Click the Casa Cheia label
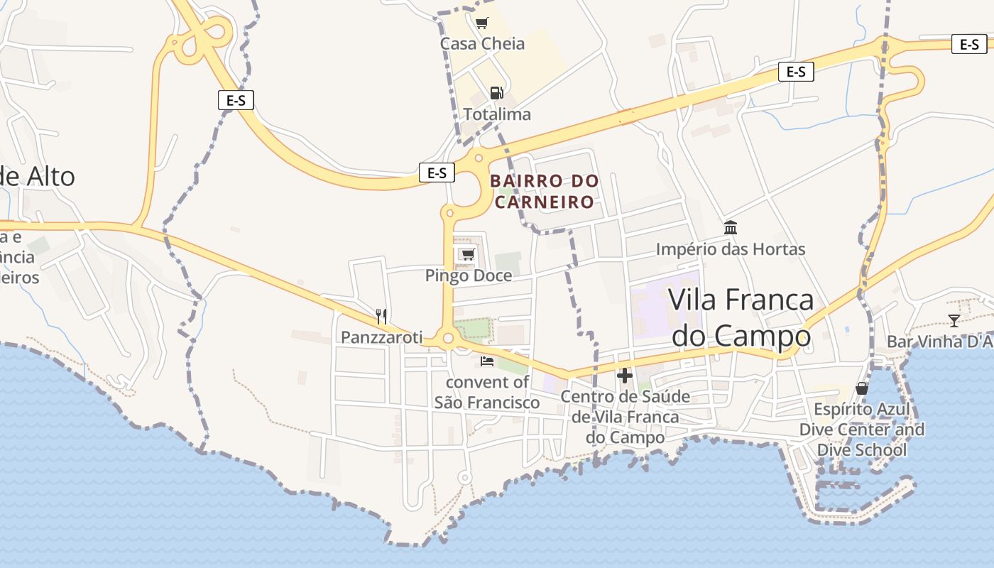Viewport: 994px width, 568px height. tap(482, 43)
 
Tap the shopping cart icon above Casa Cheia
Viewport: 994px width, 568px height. tap(482, 23)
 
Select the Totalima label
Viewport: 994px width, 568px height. tap(497, 114)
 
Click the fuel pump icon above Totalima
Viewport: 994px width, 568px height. tap(496, 92)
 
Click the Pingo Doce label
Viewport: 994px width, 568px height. tap(469, 275)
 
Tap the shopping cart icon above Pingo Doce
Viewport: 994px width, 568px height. tap(467, 254)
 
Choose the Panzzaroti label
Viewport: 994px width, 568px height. tap(381, 337)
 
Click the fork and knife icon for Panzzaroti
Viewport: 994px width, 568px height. tap(381, 316)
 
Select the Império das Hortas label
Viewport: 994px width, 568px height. tap(731, 249)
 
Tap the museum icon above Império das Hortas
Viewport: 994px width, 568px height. tap(731, 228)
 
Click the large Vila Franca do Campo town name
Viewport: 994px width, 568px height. tap(741, 317)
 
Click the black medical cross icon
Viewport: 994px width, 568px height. tap(625, 375)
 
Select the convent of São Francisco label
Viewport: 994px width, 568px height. tap(487, 393)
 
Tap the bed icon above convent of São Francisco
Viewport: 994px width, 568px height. tap(487, 361)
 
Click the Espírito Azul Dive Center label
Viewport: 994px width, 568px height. tap(862, 430)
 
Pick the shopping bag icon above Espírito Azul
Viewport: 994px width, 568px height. tap(862, 388)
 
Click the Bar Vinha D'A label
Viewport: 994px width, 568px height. tap(939, 342)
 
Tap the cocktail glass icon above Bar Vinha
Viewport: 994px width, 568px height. tap(954, 321)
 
